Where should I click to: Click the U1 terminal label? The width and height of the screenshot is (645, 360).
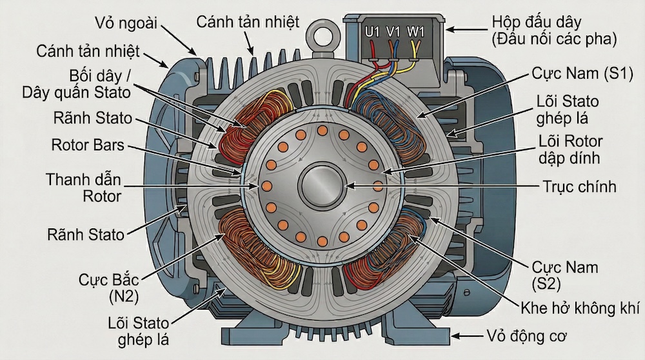(x=372, y=31)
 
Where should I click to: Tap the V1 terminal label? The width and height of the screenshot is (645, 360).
(x=393, y=31)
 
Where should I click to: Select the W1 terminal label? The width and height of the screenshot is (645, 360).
(x=416, y=31)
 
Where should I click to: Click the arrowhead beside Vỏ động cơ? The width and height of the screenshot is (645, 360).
(x=457, y=336)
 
